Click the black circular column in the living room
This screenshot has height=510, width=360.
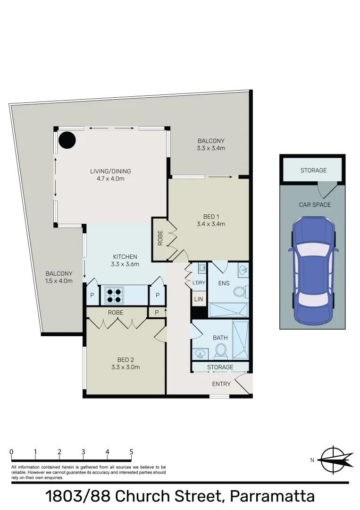click(x=67, y=139)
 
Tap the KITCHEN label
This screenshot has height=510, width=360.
click(x=125, y=257)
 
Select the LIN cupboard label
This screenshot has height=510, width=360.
click(x=198, y=299)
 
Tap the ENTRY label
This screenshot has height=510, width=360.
click(x=221, y=384)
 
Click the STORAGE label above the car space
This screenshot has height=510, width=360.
click(x=313, y=170)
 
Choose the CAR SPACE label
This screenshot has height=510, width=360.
click(x=315, y=204)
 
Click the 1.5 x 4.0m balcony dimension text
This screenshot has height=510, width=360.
click(x=59, y=281)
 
